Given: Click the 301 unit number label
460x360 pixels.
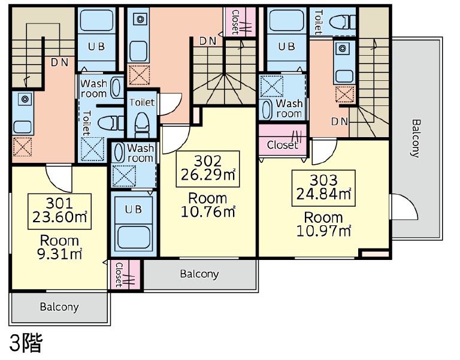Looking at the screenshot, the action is (x=59, y=202).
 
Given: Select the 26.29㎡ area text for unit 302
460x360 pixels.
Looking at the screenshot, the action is (x=208, y=174).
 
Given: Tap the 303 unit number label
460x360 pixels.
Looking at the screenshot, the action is (x=323, y=180).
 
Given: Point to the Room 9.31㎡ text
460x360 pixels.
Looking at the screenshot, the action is (x=59, y=247).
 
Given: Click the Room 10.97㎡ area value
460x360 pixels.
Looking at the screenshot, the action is (x=323, y=231).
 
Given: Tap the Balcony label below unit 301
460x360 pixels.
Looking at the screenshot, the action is (x=59, y=307).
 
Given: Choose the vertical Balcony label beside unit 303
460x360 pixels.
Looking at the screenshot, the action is (x=415, y=138).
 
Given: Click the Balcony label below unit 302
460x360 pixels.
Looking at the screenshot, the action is (x=199, y=274).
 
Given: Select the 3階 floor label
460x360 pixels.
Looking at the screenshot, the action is (x=26, y=343).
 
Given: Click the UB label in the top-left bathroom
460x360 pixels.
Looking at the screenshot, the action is (x=96, y=46).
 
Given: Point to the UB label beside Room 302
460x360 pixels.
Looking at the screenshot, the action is (x=134, y=209).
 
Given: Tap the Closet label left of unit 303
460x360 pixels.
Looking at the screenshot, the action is (x=282, y=144).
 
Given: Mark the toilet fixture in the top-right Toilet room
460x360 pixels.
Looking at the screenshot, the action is (x=343, y=22).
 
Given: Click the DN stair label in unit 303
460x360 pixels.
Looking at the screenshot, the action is (x=340, y=121).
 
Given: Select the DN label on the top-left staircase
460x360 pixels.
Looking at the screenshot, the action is (x=59, y=62).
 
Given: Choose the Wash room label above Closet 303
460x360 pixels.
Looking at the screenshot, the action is (x=289, y=108).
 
